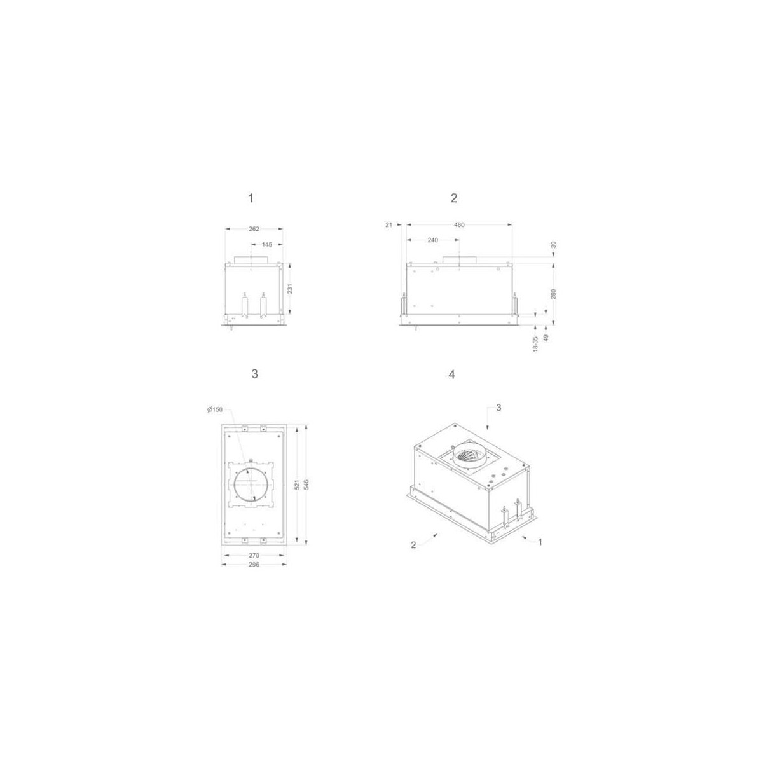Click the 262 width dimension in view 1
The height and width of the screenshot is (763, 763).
pyautogui.click(x=254, y=228)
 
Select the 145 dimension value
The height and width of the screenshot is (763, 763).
pyautogui.click(x=267, y=245)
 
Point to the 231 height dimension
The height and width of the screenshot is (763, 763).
pyautogui.click(x=290, y=289)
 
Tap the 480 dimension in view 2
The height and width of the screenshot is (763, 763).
pyautogui.click(x=459, y=224)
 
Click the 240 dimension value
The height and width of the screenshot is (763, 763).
pyautogui.click(x=433, y=240)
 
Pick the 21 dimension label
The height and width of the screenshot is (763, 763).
pyautogui.click(x=388, y=224)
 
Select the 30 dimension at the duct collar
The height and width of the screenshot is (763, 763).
pyautogui.click(x=554, y=245)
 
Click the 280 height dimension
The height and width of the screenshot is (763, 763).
pyautogui.click(x=554, y=294)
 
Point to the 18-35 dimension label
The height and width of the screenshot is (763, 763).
pyautogui.click(x=535, y=344)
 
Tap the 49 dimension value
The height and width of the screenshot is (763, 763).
pyautogui.click(x=546, y=338)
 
